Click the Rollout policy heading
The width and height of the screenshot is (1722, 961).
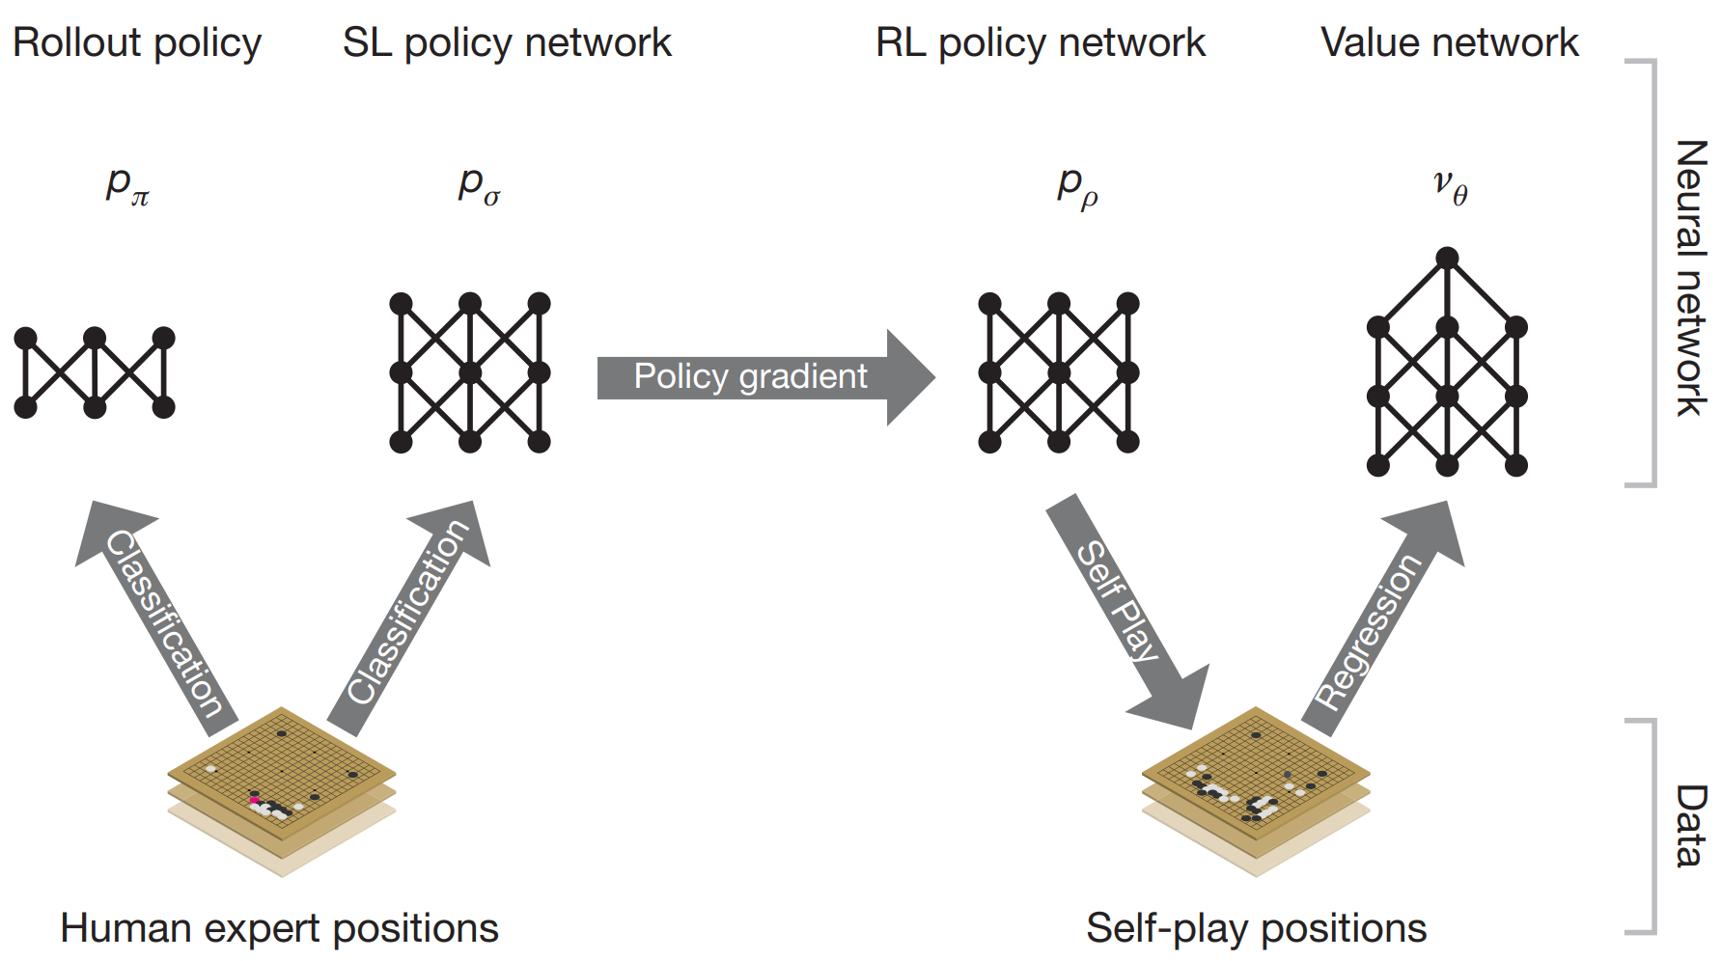point(137,43)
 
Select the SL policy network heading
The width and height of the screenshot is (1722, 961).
point(507,43)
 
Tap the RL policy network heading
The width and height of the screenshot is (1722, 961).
point(1041,43)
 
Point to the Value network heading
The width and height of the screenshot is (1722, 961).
point(1449,43)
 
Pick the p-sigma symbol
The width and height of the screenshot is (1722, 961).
point(479,183)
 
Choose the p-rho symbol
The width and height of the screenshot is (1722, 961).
point(1077,185)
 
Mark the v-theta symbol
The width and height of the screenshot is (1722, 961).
point(1450,185)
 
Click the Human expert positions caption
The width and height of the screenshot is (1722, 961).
point(279,928)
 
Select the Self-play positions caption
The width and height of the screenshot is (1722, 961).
point(1256,928)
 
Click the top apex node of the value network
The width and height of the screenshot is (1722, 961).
point(1447,258)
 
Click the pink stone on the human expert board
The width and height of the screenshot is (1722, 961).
point(254,800)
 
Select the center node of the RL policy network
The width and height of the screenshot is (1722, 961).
point(1059,372)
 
